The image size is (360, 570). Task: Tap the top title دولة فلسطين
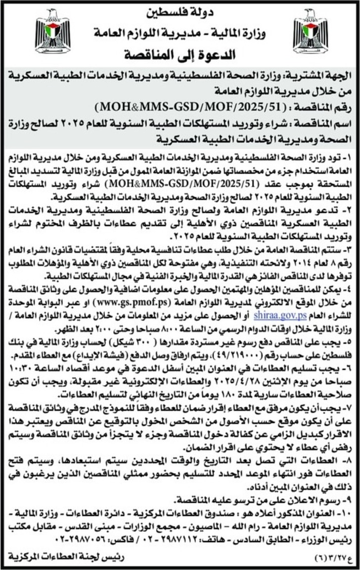(x=180, y=8)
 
